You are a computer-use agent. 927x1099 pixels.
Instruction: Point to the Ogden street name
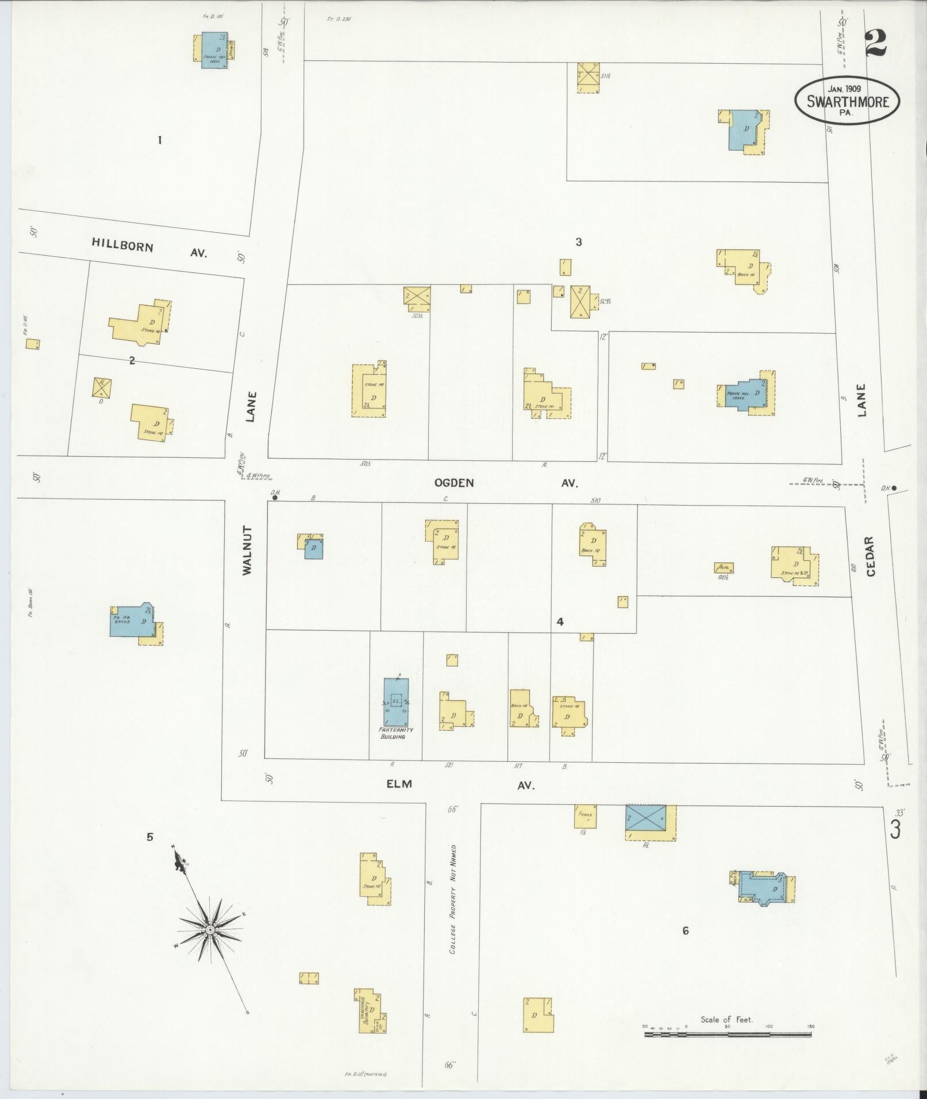coord(454,483)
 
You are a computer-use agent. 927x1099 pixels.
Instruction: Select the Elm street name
coord(399,784)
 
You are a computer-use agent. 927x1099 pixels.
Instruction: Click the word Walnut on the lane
coord(248,550)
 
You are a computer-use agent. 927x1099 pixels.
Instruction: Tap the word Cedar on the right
coord(869,556)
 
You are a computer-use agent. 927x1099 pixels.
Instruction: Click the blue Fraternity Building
coord(396,702)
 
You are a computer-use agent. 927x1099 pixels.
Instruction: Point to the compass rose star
coord(210,929)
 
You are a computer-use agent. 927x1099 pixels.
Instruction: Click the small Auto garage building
coord(724,568)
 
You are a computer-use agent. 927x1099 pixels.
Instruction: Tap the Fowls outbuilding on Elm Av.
coord(585,816)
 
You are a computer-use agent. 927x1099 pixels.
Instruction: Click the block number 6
coord(685,931)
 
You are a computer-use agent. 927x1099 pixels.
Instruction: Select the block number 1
coord(160,140)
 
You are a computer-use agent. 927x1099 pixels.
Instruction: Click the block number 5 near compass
coord(150,836)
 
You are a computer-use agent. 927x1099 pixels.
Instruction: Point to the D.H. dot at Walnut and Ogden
coord(275,498)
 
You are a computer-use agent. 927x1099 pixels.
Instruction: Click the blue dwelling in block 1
coord(214,51)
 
